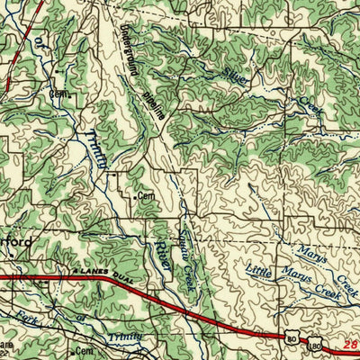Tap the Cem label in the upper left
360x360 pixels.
pyautogui.click(x=59, y=93)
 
